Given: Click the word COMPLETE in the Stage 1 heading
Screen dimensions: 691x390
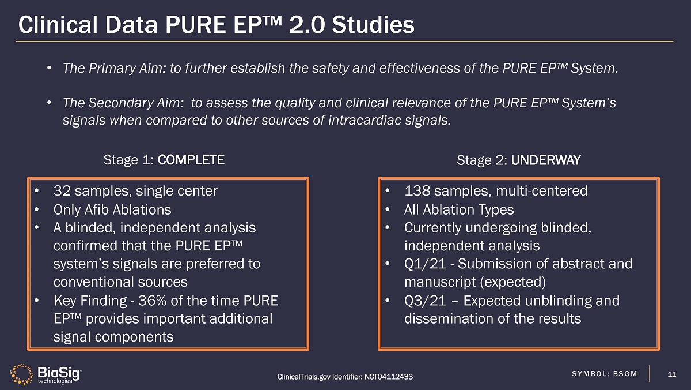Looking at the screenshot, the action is pos(191,160).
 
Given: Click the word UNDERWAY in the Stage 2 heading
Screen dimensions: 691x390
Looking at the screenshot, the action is pos(546,160).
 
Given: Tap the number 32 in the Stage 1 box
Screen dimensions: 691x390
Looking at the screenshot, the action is pos(62,191).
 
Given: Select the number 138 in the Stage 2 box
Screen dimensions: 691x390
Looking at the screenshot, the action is pos(417,191).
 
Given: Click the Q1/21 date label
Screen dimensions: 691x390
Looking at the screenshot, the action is pos(425,264).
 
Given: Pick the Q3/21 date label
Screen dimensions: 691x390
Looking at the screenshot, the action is pos(425,301).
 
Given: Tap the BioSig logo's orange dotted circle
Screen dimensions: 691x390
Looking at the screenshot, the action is pos(21,374).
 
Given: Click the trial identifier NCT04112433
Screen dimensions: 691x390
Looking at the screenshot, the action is pos(388,377).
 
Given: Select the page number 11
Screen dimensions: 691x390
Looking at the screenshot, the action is pos(671,374).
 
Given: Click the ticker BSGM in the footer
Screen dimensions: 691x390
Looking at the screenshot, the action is pos(625,374).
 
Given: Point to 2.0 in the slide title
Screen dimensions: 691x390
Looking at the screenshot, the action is pos(307,25).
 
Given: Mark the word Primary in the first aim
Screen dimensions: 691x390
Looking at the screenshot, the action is pos(112,68).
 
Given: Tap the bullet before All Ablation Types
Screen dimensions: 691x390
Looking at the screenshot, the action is pos(388,209).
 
